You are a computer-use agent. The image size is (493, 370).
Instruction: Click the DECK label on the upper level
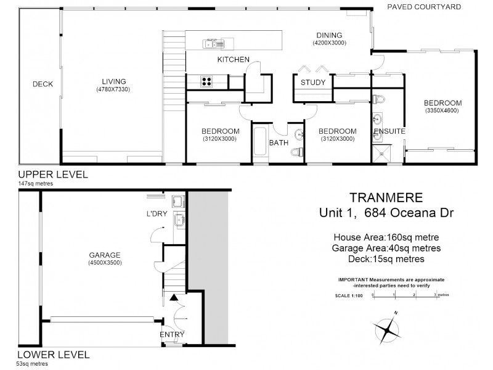pos(43,84)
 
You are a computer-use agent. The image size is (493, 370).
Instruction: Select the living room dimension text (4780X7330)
pos(113,89)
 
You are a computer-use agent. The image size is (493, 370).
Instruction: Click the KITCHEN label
pos(233,60)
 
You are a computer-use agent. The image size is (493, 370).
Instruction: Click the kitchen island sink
pos(215,43)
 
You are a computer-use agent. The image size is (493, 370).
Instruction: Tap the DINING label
pos(329,35)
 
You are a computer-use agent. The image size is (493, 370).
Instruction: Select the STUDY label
pos(312,83)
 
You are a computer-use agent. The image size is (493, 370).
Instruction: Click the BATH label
pos(279,143)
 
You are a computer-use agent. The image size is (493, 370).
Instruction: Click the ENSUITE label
pos(389,131)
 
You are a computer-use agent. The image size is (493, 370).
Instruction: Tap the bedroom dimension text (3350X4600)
pos(442,110)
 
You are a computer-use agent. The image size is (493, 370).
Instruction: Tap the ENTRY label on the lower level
pos(171,335)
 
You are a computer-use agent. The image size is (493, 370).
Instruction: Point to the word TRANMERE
pos(386,198)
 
